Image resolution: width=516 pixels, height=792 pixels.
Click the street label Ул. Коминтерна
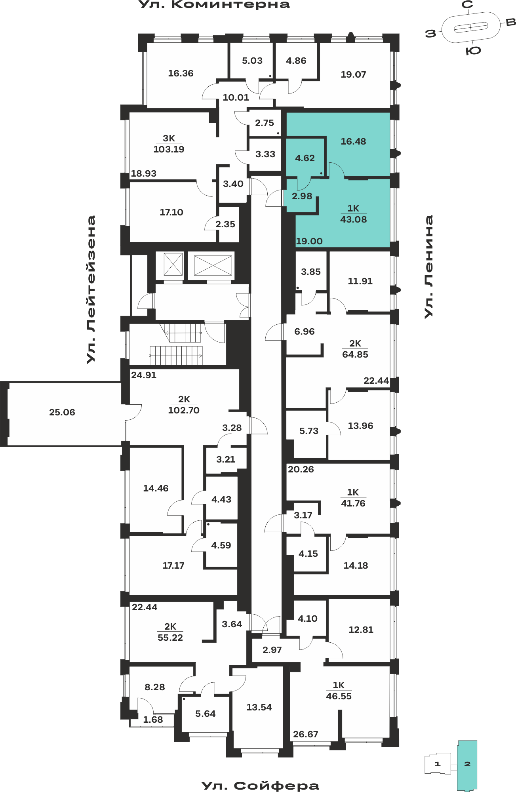point(214,5)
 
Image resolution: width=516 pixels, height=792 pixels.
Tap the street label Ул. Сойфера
point(260,786)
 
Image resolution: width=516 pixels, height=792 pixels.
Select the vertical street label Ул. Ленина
point(428,267)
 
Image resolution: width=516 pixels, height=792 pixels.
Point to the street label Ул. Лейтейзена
point(91,289)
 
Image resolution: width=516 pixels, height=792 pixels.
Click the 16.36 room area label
point(181,73)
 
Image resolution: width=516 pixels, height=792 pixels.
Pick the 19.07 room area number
point(353,74)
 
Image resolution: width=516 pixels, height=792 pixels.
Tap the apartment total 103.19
point(169,149)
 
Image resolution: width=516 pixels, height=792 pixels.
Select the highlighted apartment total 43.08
point(353,219)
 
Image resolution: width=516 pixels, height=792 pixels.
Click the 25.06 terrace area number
point(62,412)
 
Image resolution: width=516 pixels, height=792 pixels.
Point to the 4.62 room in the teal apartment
point(305,158)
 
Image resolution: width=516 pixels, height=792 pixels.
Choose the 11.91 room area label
point(360,281)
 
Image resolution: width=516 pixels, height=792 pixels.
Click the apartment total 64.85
point(355,354)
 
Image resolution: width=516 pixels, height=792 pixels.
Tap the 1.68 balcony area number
point(153,720)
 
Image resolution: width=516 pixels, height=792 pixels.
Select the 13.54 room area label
point(259,707)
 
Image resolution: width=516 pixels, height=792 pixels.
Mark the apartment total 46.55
point(339,696)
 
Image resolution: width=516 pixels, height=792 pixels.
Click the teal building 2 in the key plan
point(467,765)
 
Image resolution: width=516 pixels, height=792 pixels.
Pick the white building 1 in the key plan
point(438,764)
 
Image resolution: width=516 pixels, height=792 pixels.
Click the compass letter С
point(468,5)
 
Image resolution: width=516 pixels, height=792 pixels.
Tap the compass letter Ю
point(473,51)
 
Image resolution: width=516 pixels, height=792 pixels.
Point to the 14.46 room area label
point(156,488)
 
